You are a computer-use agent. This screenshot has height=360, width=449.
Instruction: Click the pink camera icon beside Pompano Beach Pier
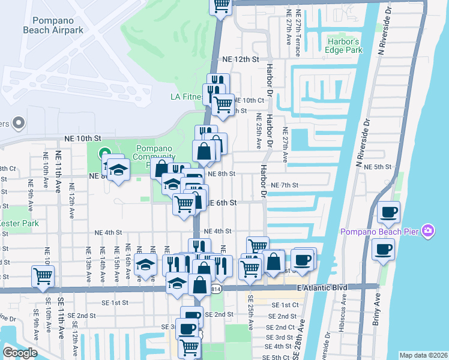(427, 230)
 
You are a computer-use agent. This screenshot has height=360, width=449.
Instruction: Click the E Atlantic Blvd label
(322, 288)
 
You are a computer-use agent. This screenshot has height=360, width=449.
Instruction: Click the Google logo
(19, 353)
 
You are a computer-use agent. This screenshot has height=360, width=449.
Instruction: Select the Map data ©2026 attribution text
(423, 355)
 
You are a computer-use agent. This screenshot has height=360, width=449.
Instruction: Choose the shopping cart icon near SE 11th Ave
(43, 277)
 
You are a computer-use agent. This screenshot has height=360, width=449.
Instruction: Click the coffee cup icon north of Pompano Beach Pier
(389, 212)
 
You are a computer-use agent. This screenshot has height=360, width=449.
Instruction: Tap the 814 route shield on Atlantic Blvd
(215, 289)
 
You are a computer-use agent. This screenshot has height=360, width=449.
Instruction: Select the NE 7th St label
(285, 185)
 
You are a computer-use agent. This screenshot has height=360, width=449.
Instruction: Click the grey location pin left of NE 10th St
(18, 123)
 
